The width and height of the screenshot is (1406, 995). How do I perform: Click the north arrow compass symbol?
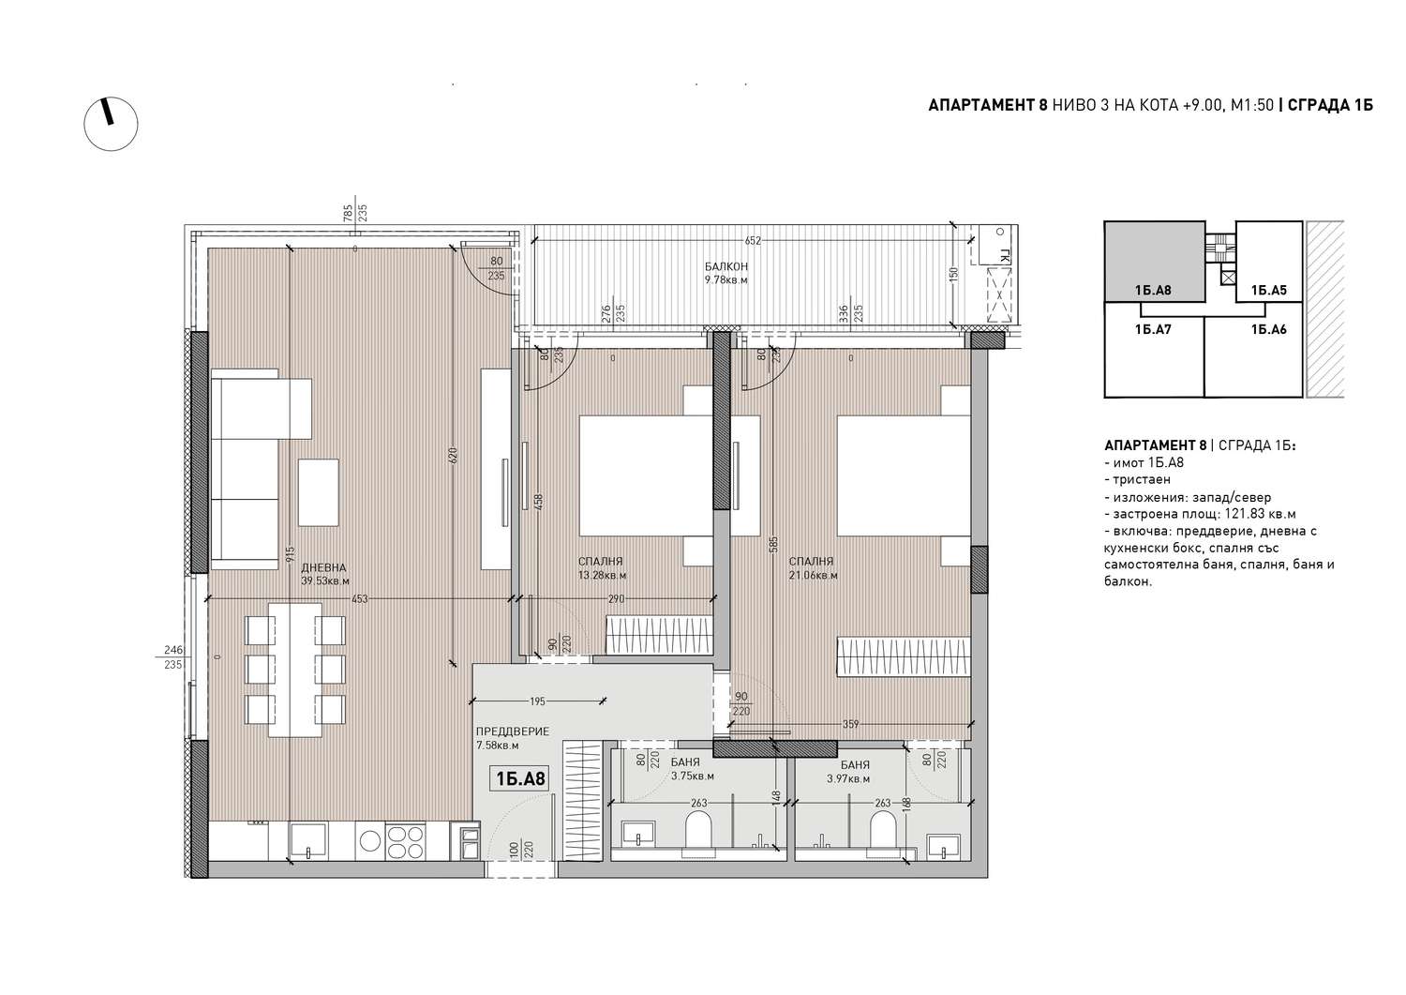tap(111, 124)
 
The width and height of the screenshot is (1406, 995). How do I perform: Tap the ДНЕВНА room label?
tap(323, 568)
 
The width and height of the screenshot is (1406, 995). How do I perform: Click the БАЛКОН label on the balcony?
tap(726, 267)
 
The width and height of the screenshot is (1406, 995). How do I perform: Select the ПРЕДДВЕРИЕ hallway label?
tap(512, 731)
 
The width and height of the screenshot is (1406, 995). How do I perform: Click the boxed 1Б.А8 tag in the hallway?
tap(521, 779)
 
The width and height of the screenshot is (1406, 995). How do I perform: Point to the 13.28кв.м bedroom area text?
tap(602, 576)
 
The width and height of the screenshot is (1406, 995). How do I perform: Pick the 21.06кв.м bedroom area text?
tap(813, 576)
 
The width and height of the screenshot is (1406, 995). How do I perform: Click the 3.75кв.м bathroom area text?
tap(693, 776)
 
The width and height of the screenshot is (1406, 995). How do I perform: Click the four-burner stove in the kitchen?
tap(405, 842)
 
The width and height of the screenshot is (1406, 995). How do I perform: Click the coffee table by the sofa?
tap(319, 492)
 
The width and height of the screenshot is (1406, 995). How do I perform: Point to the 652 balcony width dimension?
tap(753, 241)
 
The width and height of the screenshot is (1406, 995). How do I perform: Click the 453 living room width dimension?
tap(359, 599)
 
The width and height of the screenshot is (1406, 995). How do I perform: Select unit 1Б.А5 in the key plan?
tap(1268, 262)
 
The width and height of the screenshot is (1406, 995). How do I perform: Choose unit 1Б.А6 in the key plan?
tap(1253, 356)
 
